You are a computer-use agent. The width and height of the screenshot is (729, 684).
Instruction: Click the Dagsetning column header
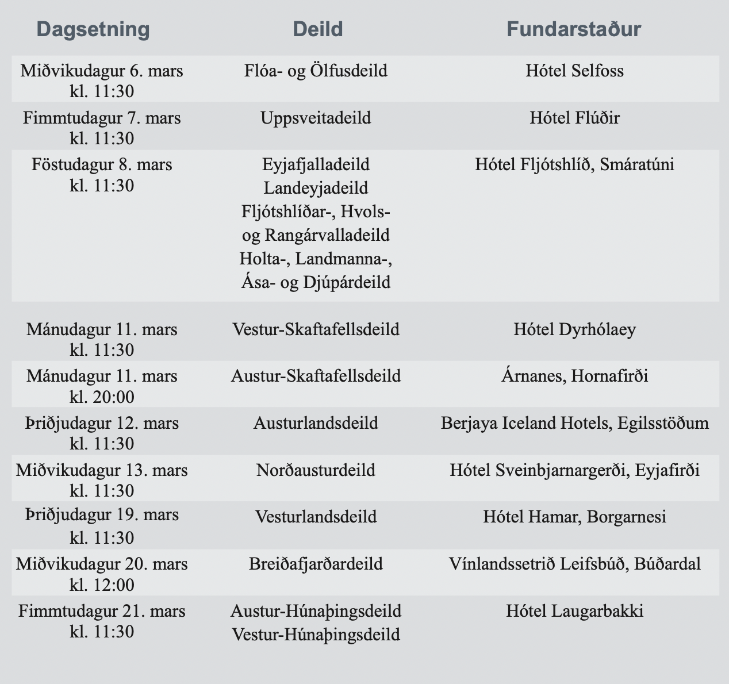pyautogui.click(x=93, y=29)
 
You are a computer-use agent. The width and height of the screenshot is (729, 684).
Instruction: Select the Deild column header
pyautogui.click(x=317, y=29)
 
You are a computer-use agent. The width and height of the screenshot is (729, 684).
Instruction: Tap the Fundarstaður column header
pyautogui.click(x=573, y=29)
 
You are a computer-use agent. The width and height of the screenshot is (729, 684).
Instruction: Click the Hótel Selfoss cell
pyautogui.click(x=574, y=71)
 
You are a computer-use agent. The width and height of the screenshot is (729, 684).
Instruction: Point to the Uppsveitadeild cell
pyautogui.click(x=316, y=118)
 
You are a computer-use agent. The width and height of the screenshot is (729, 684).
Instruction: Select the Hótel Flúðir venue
pyautogui.click(x=574, y=118)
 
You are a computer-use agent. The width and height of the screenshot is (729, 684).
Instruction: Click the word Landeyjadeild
pyautogui.click(x=316, y=188)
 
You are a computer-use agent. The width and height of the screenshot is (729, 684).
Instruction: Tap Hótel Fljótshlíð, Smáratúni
pyautogui.click(x=574, y=165)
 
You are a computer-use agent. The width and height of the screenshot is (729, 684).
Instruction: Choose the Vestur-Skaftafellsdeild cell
pyautogui.click(x=316, y=330)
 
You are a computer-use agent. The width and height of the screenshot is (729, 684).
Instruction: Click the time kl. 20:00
pyautogui.click(x=102, y=397)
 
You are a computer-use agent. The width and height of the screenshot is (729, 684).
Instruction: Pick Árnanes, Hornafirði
pyautogui.click(x=574, y=376)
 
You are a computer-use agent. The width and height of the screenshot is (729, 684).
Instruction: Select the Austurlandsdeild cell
pyautogui.click(x=316, y=424)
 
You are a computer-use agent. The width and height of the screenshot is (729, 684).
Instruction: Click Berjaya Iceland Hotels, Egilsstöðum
pyautogui.click(x=574, y=424)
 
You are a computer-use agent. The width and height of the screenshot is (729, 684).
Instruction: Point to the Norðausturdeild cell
pyautogui.click(x=316, y=470)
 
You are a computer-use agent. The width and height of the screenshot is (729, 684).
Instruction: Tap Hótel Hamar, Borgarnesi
pyautogui.click(x=574, y=517)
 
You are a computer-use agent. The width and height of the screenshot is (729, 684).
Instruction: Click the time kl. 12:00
pyautogui.click(x=102, y=585)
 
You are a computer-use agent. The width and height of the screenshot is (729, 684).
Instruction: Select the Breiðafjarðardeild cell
pyautogui.click(x=316, y=564)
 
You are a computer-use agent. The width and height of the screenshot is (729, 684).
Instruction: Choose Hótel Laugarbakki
pyautogui.click(x=574, y=610)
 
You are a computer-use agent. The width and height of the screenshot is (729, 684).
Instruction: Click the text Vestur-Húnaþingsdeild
pyautogui.click(x=316, y=635)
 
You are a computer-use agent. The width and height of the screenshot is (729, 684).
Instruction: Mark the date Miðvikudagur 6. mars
pyautogui.click(x=102, y=71)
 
